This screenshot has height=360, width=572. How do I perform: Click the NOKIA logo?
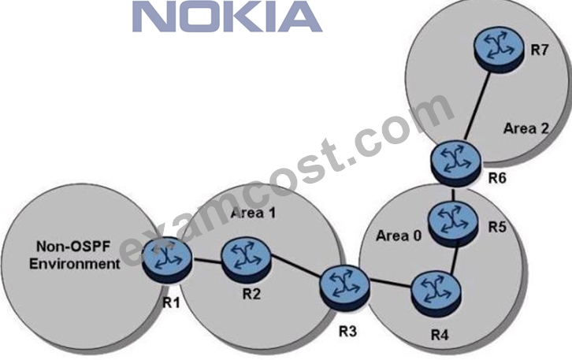click(x=227, y=17)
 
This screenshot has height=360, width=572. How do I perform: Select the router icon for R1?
click(x=167, y=260)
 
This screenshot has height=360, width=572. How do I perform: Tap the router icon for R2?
click(x=246, y=258)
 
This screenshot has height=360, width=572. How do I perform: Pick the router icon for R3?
click(x=345, y=288)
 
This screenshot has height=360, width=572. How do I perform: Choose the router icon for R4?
click(x=436, y=292)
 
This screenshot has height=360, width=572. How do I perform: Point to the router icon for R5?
click(x=453, y=224)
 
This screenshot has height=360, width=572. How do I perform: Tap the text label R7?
click(x=539, y=50)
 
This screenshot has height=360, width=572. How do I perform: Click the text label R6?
click(x=497, y=178)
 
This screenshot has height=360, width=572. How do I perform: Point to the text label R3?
click(x=347, y=332)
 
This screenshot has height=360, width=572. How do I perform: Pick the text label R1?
click(x=171, y=302)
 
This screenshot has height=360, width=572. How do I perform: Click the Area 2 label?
click(x=526, y=128)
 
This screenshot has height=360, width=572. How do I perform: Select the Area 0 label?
click(x=399, y=236)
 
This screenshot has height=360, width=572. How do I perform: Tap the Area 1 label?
click(x=253, y=213)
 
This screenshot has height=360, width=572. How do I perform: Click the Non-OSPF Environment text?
click(x=75, y=255)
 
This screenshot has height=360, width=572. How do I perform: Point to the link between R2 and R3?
click(x=296, y=269)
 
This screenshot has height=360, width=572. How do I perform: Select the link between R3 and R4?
click(x=391, y=284)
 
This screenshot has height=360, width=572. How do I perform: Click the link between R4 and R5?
click(x=455, y=260)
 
